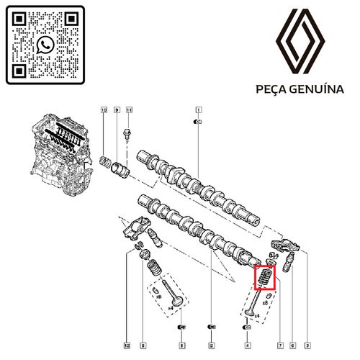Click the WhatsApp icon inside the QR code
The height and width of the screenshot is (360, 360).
click(x=45, y=45)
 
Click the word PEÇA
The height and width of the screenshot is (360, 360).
click(x=271, y=89)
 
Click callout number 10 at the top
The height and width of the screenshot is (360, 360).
click(x=104, y=110)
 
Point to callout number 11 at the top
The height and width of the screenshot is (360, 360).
click(x=130, y=110)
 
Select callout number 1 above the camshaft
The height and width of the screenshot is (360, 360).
click(x=197, y=110)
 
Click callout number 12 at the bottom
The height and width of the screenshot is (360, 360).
click(x=127, y=345)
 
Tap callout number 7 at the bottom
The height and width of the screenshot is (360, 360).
click(x=280, y=345)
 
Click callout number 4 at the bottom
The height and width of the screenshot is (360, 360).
click(x=248, y=345)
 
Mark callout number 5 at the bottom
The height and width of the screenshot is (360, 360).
click(x=182, y=345)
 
